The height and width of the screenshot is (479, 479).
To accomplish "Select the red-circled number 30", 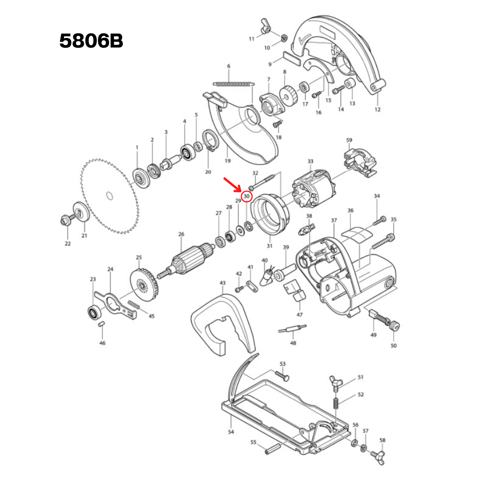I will point(246,196).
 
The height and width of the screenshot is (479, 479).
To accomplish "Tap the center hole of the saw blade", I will point(109,196).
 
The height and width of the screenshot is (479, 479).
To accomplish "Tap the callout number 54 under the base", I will point(231,432).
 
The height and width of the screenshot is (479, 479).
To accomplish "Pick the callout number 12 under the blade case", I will point(377,109).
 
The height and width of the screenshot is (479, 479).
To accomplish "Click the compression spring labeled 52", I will point(336,404).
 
